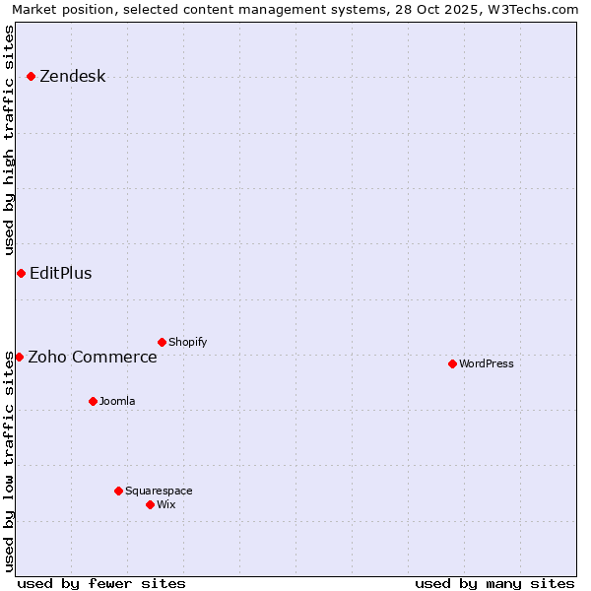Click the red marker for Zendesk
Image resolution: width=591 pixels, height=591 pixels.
[x=31, y=76]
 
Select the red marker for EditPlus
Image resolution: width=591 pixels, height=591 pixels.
[x=21, y=273]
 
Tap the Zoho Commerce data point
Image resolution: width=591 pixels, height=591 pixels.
[x=19, y=357]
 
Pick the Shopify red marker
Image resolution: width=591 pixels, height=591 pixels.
[x=162, y=342]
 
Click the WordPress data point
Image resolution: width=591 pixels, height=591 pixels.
[x=452, y=363]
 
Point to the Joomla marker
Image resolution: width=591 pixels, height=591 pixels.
[x=93, y=401]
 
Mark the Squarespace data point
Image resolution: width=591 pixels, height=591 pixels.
[x=118, y=491]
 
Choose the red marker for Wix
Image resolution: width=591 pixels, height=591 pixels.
[x=150, y=504]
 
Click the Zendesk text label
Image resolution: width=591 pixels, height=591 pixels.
[x=72, y=77]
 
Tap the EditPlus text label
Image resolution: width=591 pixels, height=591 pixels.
[x=60, y=274]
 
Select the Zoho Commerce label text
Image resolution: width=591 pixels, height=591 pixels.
[x=92, y=358]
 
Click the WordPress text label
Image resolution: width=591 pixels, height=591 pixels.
[x=486, y=364]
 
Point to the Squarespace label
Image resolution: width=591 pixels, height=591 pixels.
[x=159, y=492]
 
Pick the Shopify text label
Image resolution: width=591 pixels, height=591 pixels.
[x=187, y=343]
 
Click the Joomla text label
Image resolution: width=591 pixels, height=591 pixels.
[x=117, y=402]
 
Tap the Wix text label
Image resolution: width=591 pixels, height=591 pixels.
[x=165, y=505]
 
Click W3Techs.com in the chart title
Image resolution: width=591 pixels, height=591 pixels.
[x=534, y=9]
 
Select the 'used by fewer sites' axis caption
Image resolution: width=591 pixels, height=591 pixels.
[x=101, y=583]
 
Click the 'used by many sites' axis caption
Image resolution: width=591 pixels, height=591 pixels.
[x=494, y=583]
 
